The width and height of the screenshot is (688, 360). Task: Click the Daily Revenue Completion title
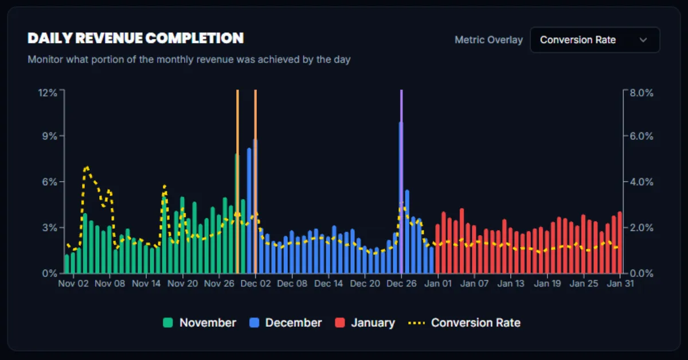tap(135, 38)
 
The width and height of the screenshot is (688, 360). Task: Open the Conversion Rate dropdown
tap(595, 40)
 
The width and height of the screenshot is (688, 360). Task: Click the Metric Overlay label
tap(488, 40)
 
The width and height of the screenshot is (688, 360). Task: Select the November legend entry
tap(200, 323)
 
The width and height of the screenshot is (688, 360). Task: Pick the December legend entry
tap(286, 323)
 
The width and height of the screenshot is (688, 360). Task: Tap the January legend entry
tap(365, 323)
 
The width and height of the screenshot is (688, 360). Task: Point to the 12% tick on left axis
tap(48, 93)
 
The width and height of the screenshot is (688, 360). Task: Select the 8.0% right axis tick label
tap(641, 93)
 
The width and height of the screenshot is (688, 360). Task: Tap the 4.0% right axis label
tap(641, 182)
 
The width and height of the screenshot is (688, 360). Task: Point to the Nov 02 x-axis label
tap(73, 283)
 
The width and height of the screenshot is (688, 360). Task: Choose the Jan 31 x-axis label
tap(620, 283)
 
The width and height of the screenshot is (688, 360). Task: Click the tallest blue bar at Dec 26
tap(401, 195)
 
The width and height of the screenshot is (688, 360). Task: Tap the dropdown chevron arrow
tap(643, 40)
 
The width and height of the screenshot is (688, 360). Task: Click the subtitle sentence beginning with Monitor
tap(189, 59)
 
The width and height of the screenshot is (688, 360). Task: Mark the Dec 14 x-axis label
tap(329, 283)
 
